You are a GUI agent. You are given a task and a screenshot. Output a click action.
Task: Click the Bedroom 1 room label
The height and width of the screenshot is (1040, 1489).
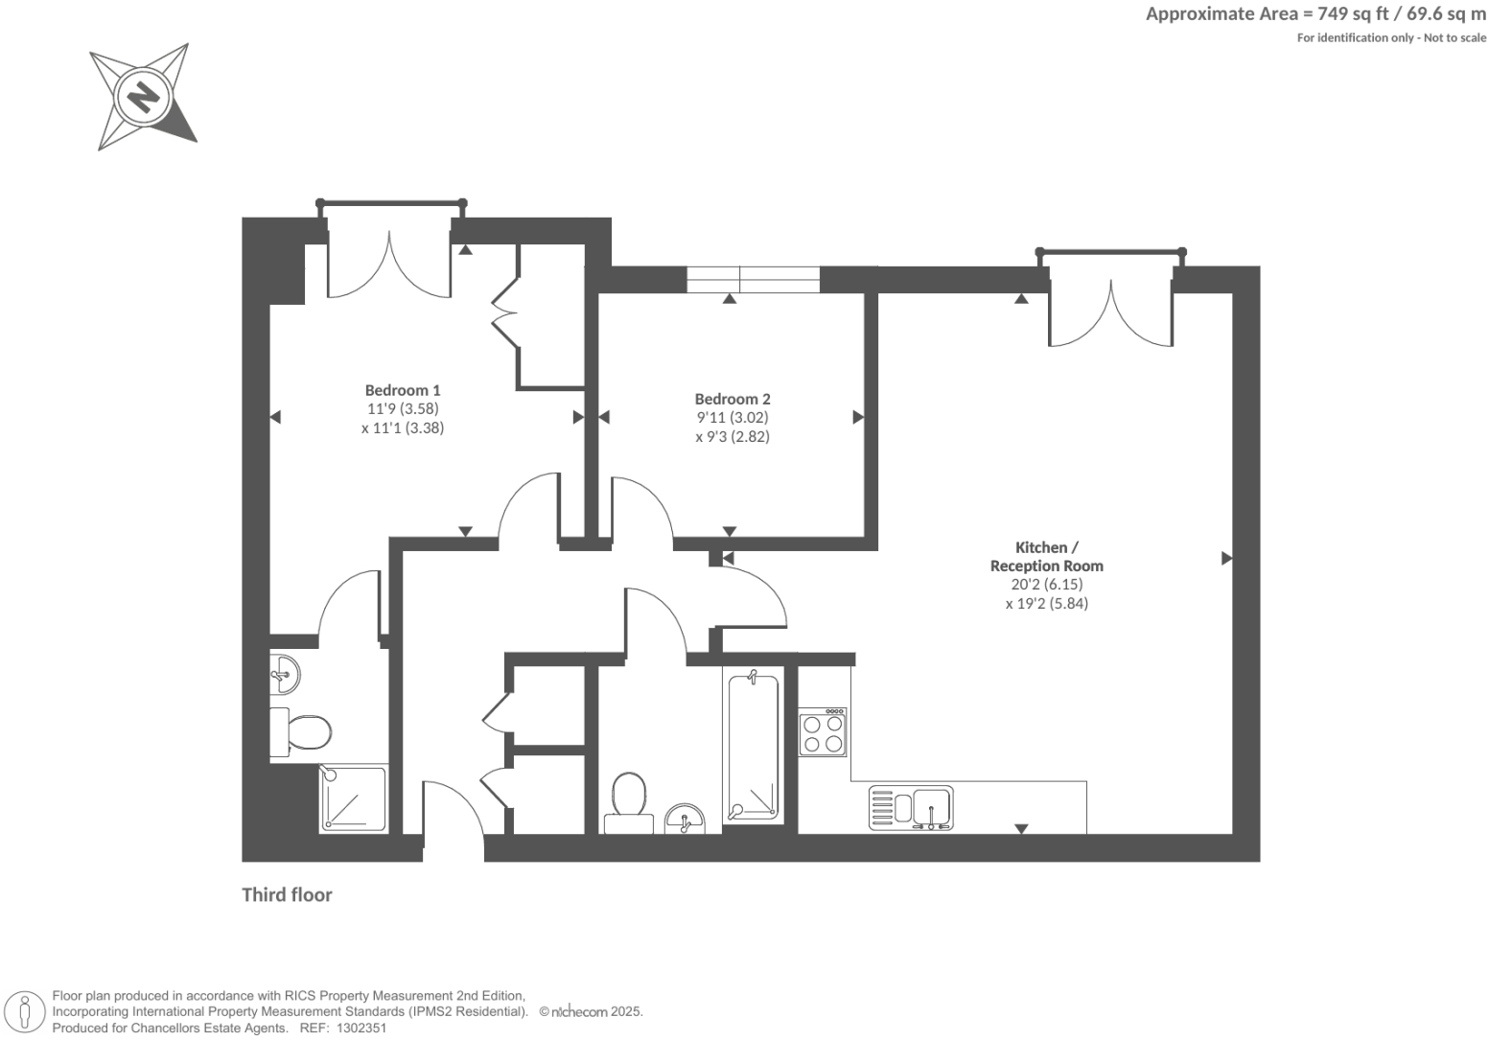pyautogui.click(x=403, y=390)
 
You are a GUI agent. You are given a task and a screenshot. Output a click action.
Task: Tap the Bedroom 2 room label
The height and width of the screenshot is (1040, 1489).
pyautogui.click(x=733, y=399)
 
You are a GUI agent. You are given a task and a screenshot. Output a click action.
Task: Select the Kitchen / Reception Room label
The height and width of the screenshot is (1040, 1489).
pyautogui.click(x=1046, y=556)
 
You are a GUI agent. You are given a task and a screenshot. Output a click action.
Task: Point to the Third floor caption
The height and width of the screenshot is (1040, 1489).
pyautogui.click(x=287, y=894)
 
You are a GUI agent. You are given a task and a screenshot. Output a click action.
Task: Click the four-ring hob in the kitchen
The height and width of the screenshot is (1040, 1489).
pyautogui.click(x=823, y=732)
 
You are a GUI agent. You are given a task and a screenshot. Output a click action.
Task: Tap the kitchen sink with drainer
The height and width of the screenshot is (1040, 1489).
pyautogui.click(x=910, y=807)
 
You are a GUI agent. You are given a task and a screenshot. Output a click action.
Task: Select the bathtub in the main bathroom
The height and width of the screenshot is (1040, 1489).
pyautogui.click(x=753, y=746)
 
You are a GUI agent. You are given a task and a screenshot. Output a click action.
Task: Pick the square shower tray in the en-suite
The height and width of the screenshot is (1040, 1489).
pyautogui.click(x=354, y=797)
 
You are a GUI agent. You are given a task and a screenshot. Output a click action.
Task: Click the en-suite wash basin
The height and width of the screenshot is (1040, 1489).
pyautogui.click(x=285, y=674)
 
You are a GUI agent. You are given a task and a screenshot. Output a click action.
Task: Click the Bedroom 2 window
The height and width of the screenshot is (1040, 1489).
pyautogui.click(x=753, y=279)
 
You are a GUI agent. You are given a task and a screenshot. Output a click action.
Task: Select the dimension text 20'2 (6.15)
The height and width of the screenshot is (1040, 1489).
pyautogui.click(x=1047, y=584)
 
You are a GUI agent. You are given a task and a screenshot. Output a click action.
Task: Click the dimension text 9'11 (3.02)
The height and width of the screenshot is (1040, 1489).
pyautogui.click(x=733, y=417)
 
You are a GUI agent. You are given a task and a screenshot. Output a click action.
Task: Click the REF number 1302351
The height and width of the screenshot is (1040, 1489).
pyautogui.click(x=358, y=1028)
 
